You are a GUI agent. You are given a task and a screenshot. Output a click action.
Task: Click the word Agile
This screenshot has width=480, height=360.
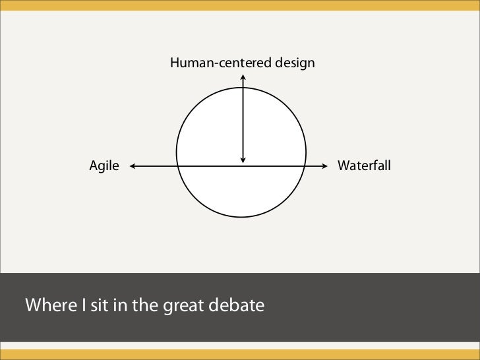[104, 166]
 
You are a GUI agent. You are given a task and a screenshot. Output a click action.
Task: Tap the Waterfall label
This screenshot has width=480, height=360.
[364, 165]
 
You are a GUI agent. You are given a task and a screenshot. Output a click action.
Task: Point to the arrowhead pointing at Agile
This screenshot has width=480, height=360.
[133, 166]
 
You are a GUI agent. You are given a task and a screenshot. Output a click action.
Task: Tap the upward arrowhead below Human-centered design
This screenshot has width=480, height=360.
[243, 76]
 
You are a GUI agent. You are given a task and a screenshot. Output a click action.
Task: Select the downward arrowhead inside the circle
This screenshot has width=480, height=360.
[243, 160]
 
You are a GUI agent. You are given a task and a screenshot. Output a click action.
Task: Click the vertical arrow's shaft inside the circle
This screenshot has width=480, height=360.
[243, 119]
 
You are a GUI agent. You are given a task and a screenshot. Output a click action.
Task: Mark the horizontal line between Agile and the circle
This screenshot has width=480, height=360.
[155, 166]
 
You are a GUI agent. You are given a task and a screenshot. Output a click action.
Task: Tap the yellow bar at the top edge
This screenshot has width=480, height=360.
[240, 5]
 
